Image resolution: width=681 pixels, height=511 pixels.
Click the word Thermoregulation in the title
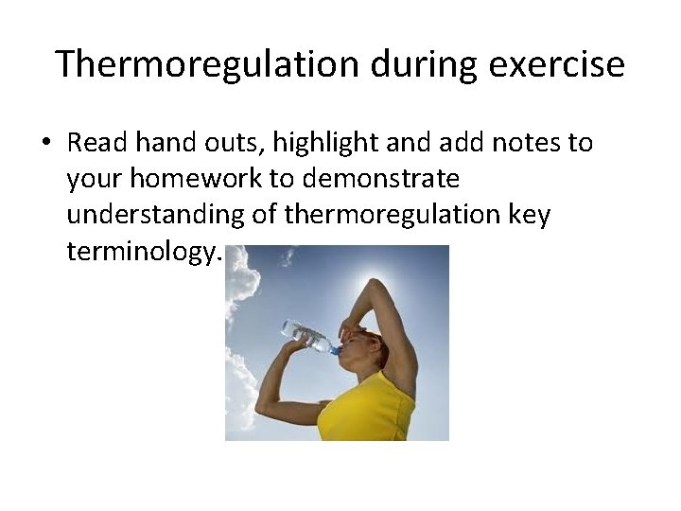(207, 64)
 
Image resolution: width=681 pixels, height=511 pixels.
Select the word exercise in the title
(567, 64)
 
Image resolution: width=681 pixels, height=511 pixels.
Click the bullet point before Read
(44, 144)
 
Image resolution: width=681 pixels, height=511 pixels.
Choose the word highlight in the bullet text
(310, 144)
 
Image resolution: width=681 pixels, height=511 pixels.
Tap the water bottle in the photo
(307, 336)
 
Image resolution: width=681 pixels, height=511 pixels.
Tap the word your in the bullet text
(94, 180)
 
